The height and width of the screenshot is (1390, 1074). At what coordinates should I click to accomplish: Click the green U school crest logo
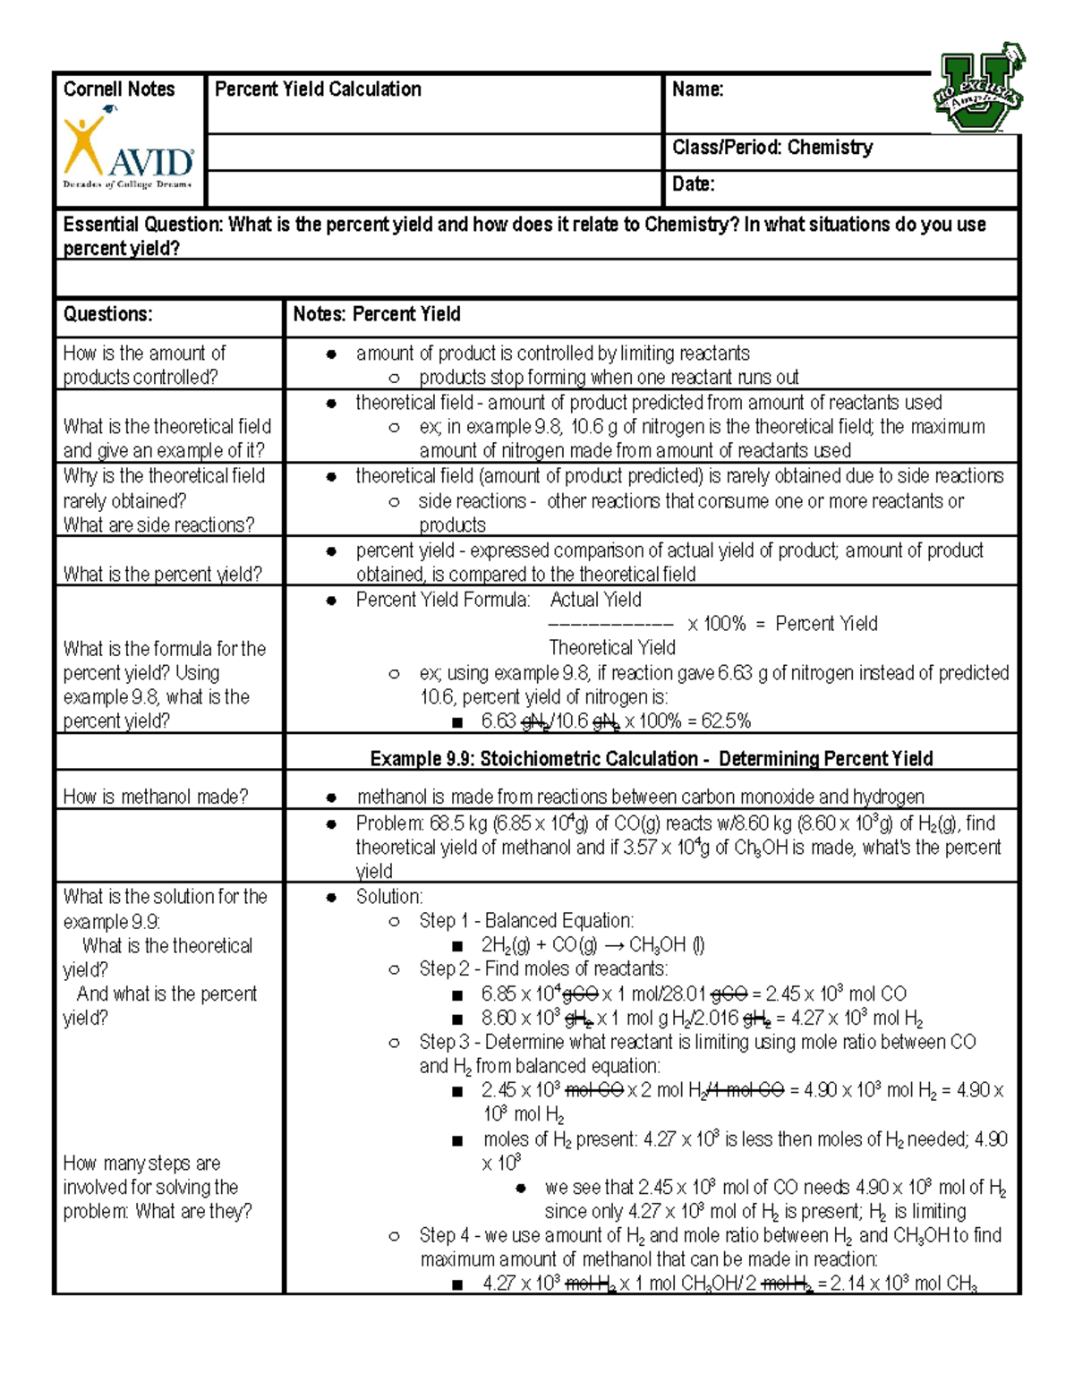[x=977, y=89]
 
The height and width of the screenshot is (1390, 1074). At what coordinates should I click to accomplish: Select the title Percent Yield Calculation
[x=318, y=90]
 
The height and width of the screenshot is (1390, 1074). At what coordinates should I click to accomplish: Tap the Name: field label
[x=697, y=90]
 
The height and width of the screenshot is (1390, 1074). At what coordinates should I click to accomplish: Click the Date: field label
[x=694, y=184]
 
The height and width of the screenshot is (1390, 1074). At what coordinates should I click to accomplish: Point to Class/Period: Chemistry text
[x=772, y=148]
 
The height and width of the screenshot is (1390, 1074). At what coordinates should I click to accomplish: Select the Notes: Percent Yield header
[x=377, y=314]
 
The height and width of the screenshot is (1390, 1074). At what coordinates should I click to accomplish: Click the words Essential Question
[x=142, y=225]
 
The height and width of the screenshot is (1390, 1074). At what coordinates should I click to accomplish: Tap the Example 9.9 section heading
[x=651, y=759]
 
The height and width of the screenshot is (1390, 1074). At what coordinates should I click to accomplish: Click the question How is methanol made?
[x=156, y=797]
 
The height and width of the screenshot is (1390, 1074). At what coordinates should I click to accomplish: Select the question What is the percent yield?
[x=162, y=575]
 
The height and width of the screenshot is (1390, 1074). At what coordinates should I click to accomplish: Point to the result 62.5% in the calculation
[x=728, y=721]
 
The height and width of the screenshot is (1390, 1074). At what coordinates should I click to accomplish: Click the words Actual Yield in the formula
[x=595, y=600]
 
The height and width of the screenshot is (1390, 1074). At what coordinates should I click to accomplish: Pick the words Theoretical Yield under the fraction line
[x=612, y=648]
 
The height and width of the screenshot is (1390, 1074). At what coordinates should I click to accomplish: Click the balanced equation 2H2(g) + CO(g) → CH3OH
[x=592, y=945]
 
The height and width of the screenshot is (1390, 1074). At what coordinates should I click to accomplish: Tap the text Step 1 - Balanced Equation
[x=526, y=921]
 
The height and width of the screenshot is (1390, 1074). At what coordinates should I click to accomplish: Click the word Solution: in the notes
[x=389, y=897]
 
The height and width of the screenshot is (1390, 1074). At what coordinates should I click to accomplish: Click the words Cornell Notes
[x=119, y=90]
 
